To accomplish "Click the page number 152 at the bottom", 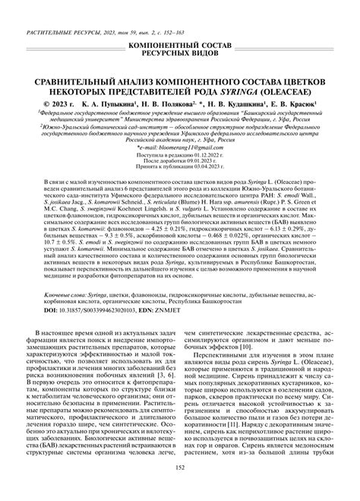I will point(180,488).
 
